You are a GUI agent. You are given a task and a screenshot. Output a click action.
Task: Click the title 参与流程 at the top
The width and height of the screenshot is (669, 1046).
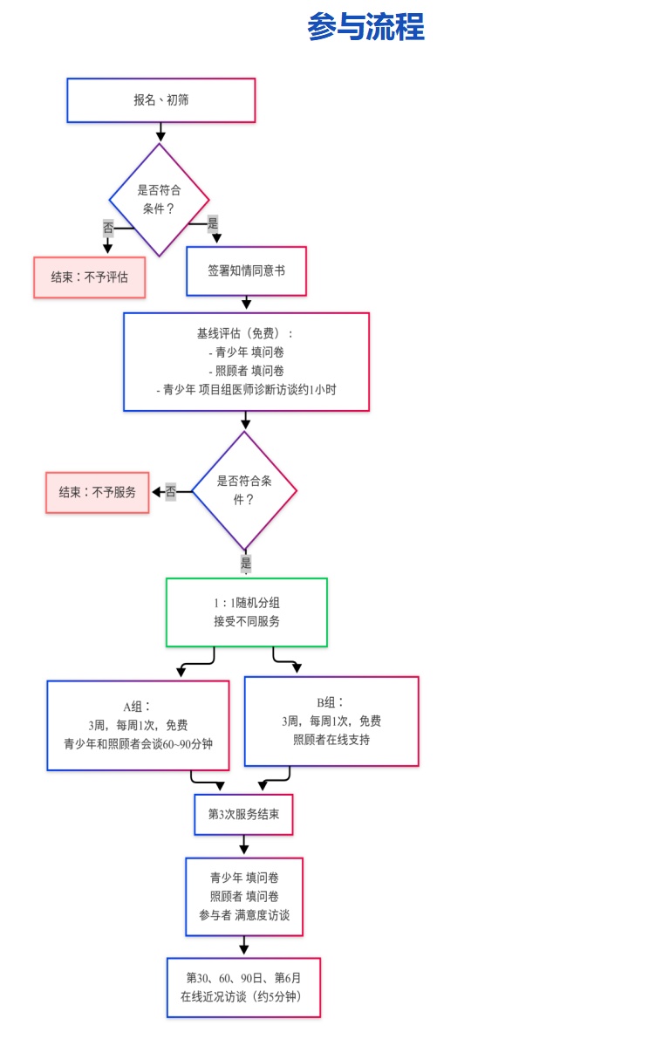point(365,27)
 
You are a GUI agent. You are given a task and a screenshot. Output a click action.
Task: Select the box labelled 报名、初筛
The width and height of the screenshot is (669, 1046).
point(160,100)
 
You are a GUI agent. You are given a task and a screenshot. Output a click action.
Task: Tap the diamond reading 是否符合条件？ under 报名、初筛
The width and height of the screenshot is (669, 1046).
point(160,200)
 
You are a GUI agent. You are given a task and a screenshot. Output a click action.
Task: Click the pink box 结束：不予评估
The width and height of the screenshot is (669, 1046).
point(89,277)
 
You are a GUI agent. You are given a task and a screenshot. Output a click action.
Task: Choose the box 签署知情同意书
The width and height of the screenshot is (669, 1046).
point(246,270)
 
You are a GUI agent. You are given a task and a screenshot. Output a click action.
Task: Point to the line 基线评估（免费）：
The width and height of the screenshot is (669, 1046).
point(245,333)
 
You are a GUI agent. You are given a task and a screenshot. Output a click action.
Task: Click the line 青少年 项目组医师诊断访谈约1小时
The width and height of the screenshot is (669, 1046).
point(246,390)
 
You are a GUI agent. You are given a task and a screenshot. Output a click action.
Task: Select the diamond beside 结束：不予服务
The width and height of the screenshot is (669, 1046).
point(244,491)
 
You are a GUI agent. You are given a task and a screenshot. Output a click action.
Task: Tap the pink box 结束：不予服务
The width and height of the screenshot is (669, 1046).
point(98,492)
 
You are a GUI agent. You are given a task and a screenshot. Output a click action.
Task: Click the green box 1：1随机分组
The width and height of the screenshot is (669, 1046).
point(247,612)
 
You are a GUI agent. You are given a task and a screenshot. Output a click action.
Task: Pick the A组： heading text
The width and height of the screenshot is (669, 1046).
point(138,707)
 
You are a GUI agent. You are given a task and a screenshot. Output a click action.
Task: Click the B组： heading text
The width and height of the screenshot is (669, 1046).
point(331,702)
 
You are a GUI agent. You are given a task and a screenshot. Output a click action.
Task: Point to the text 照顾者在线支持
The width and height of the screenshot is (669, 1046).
point(331,740)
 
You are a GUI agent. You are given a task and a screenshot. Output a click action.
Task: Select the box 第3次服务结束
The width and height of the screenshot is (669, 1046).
point(243,815)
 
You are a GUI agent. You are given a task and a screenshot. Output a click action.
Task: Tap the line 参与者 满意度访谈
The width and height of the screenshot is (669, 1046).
point(244,915)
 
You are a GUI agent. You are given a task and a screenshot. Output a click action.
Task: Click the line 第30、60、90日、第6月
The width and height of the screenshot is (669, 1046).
point(243,978)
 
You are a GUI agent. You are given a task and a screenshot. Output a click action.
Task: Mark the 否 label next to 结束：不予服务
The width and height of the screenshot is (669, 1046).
point(171,492)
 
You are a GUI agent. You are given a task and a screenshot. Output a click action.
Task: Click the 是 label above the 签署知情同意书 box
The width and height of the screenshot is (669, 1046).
point(213,222)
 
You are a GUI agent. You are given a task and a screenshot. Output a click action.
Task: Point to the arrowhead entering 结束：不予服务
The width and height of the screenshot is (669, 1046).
point(157,492)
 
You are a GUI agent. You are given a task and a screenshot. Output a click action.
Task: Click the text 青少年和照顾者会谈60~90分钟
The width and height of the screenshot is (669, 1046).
point(138,744)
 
